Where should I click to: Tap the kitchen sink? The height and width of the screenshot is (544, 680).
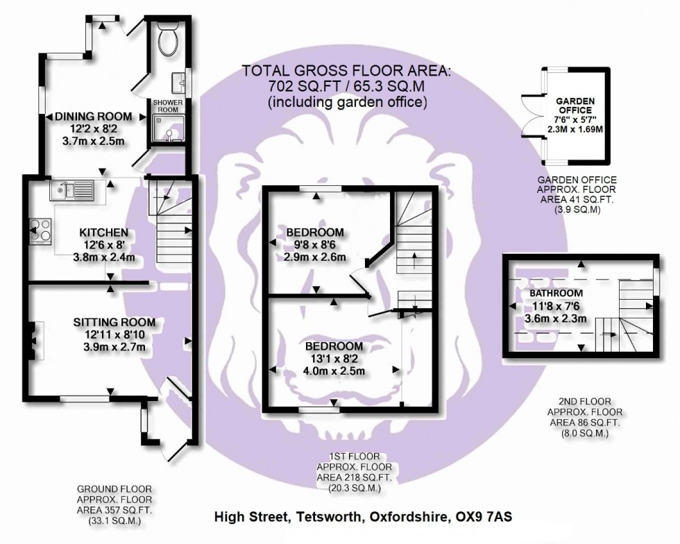[x=71, y=188]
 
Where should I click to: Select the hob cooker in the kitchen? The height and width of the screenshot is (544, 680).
[x=38, y=230]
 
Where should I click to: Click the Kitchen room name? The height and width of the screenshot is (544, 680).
[x=103, y=232]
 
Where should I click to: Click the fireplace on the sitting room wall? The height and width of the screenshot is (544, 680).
[x=33, y=337]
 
